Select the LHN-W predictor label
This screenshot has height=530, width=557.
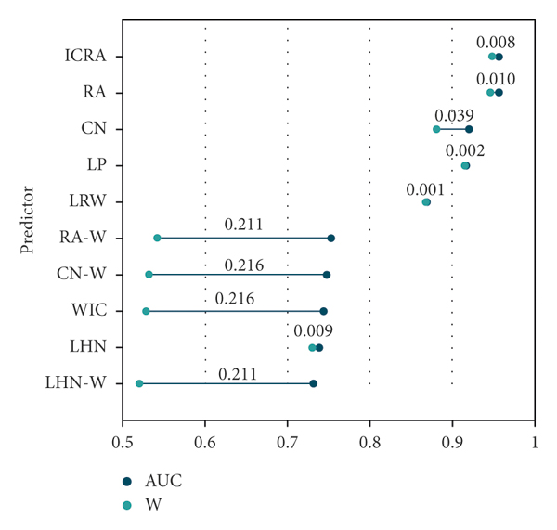tap(75, 383)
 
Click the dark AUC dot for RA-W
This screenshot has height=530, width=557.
tap(331, 239)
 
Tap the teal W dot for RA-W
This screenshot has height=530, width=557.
tap(157, 239)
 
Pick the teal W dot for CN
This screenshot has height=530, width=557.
tap(436, 129)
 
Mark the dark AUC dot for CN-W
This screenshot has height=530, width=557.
tap(327, 275)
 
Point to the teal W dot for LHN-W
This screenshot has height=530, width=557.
tap(139, 383)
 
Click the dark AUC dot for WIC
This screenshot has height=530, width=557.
tap(324, 311)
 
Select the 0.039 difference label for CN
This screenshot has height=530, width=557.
tap(454, 115)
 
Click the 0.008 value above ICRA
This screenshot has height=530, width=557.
tap(496, 42)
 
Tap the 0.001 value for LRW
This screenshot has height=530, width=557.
tap(425, 188)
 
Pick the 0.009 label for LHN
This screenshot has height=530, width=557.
tap(314, 331)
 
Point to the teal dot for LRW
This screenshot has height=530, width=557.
tap(426, 202)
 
